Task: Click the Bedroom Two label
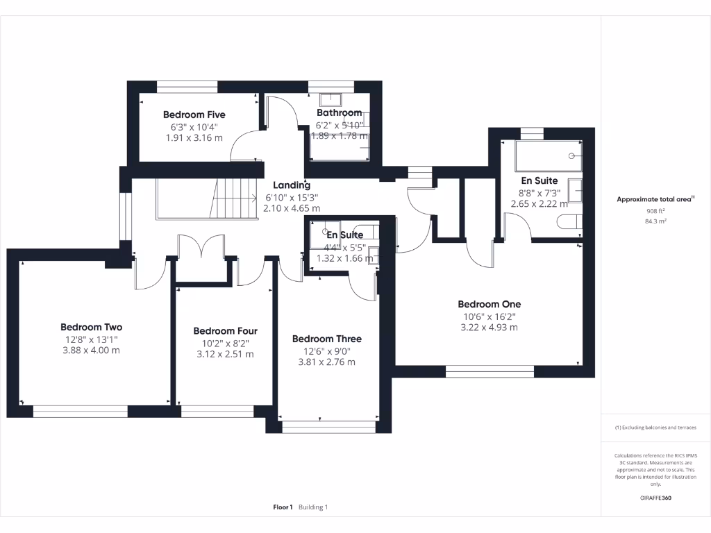click(91, 327)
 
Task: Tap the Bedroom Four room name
click(225, 331)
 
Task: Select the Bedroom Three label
click(326, 339)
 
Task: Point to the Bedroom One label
click(489, 304)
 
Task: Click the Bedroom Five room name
click(194, 115)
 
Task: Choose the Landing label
click(292, 185)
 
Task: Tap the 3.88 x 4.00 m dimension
click(91, 350)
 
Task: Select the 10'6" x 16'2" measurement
click(489, 316)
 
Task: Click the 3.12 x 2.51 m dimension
click(225, 355)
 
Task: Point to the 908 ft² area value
click(655, 210)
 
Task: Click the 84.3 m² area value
click(655, 221)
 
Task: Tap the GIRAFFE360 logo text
click(655, 498)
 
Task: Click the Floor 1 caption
click(283, 507)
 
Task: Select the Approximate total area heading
click(655, 199)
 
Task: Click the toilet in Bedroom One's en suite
click(569, 222)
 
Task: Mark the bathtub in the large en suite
click(548, 157)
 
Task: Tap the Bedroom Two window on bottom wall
click(81, 412)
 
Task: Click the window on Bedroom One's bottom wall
click(490, 371)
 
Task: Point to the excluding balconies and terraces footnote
click(655, 428)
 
